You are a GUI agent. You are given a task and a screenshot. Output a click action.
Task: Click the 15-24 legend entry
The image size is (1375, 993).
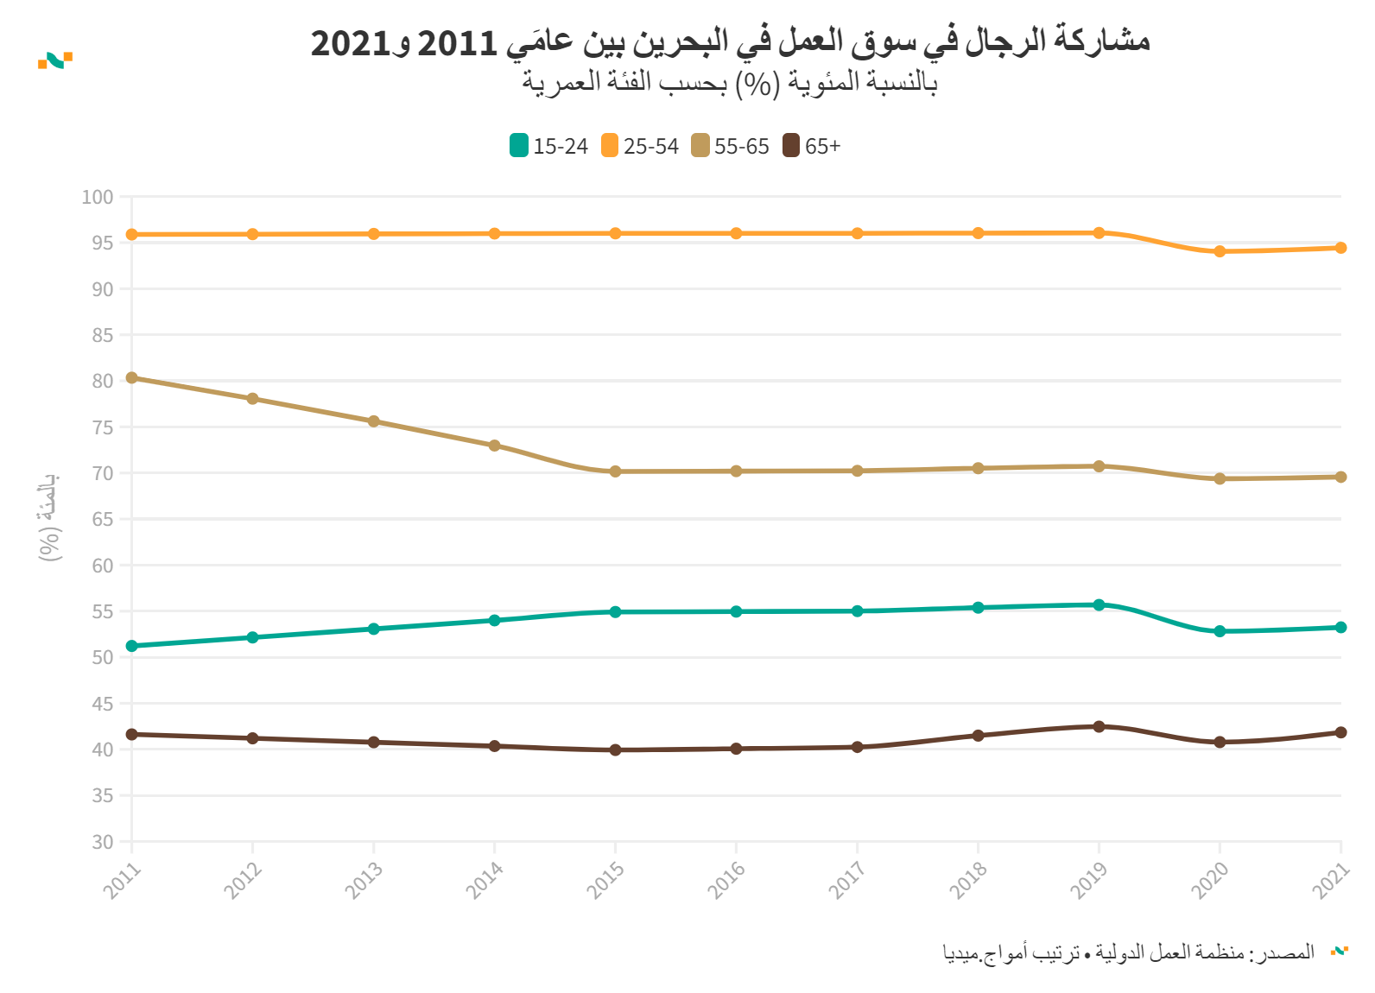click(x=548, y=146)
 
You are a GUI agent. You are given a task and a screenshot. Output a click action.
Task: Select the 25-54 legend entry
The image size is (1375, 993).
click(x=640, y=146)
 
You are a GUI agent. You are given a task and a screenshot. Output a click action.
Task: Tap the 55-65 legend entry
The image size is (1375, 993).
click(x=731, y=146)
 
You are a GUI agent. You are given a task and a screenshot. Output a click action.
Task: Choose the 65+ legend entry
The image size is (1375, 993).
click(x=812, y=146)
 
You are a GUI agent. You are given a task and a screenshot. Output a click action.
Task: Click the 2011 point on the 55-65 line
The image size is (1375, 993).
click(x=132, y=377)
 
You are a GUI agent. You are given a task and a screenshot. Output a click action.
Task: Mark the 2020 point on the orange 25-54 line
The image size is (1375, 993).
click(x=1220, y=251)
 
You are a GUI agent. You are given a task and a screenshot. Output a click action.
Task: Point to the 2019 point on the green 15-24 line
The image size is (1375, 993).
click(x=1099, y=605)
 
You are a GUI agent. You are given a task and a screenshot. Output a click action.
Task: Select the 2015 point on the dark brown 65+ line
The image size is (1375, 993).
click(x=616, y=749)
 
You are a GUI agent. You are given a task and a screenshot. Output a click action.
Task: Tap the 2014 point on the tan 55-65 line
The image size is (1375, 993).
click(x=495, y=446)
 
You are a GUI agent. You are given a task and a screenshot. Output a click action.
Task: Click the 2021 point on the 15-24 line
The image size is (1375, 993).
click(x=1340, y=628)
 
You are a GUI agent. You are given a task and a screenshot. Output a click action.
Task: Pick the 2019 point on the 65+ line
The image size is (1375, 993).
click(x=1099, y=726)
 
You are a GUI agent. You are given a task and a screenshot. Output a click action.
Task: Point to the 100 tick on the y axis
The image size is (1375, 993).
click(x=98, y=197)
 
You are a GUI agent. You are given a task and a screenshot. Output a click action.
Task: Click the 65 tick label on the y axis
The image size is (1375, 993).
click(x=102, y=519)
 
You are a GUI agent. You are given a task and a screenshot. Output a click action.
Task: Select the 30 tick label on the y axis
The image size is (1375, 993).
click(x=102, y=842)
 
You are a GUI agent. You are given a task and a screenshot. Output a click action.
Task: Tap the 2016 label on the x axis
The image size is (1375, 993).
click(x=726, y=881)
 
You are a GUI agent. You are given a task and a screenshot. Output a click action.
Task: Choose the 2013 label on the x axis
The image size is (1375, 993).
click(x=364, y=881)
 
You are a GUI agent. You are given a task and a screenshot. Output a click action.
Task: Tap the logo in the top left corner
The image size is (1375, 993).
click(x=55, y=60)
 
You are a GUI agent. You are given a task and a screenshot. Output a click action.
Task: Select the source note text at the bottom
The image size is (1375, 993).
click(x=1128, y=952)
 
